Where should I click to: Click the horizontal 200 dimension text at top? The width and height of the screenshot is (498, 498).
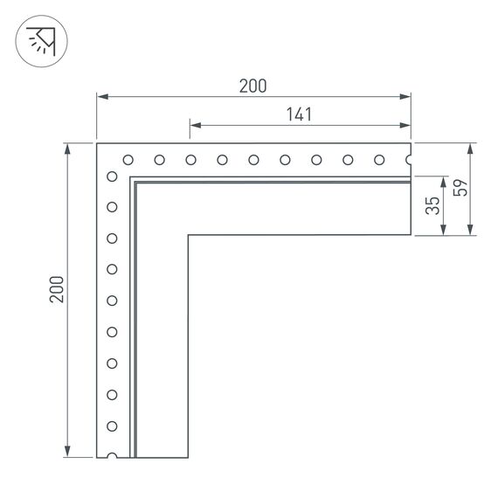[252, 86]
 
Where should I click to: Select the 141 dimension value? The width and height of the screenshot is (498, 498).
[299, 114]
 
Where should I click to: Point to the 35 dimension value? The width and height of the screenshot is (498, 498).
[431, 206]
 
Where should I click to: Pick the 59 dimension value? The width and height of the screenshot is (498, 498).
[461, 187]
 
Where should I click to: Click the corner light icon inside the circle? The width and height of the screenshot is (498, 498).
[41, 42]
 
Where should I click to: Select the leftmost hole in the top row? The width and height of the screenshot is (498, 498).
[128, 160]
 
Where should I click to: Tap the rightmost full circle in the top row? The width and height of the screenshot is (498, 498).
[379, 160]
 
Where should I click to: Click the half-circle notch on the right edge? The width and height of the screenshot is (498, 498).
[408, 160]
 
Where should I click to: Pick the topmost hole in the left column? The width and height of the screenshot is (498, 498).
[112, 176]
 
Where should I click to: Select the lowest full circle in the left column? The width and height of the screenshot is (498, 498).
[112, 425]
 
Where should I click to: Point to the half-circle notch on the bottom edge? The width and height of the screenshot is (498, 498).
[112, 455]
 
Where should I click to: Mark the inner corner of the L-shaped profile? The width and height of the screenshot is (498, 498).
[188, 235]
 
